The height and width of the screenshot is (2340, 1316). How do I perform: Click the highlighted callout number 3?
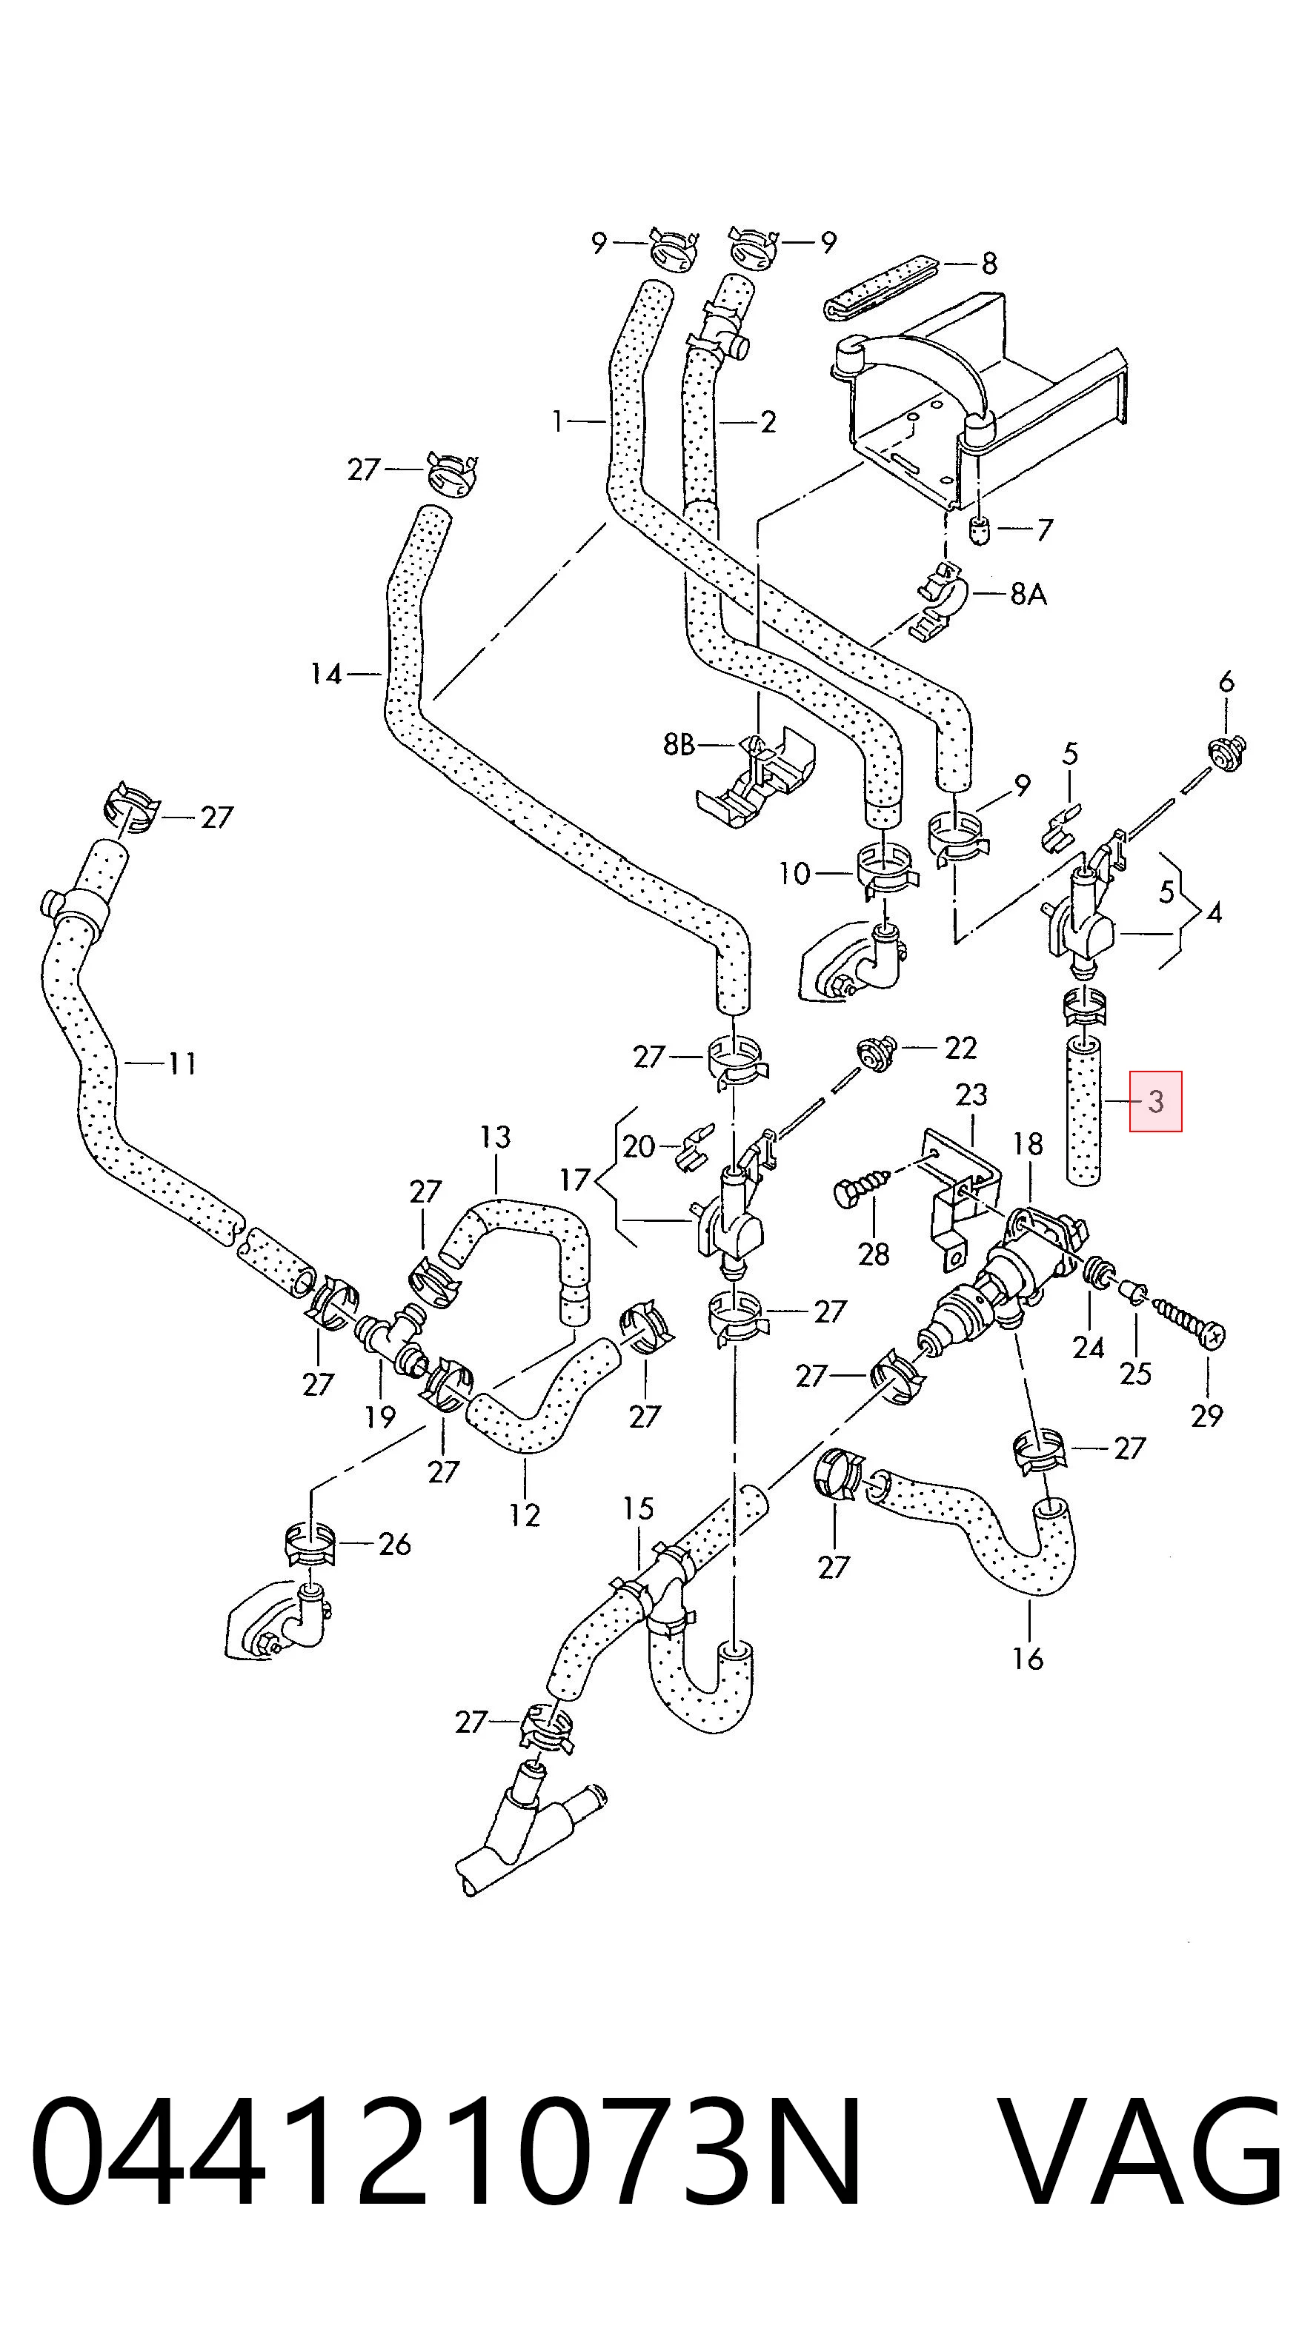click(1155, 1102)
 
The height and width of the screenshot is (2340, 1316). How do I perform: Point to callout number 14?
click(325, 674)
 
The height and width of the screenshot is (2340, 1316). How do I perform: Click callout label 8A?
click(1028, 594)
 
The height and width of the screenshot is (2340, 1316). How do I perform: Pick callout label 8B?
click(678, 745)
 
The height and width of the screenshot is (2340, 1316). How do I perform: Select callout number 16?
click(1028, 1659)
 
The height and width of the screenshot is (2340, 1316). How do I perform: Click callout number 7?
click(1044, 529)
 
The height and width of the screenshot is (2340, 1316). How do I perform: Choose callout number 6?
click(1226, 681)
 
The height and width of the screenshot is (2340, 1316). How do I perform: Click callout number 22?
click(960, 1047)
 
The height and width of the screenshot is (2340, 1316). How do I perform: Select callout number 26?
click(394, 1543)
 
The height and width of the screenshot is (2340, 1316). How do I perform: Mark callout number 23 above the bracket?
click(971, 1094)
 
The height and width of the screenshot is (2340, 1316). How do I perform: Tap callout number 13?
click(495, 1137)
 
